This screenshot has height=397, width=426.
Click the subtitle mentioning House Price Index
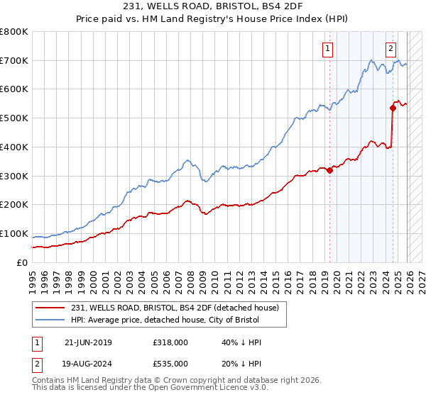(212, 20)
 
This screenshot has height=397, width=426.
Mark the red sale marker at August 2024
(393, 108)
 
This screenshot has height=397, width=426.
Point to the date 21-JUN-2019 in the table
(88, 342)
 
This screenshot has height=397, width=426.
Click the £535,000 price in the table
(170, 362)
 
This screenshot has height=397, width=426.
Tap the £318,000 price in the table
(170, 342)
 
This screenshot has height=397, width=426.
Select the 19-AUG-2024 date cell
(88, 362)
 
